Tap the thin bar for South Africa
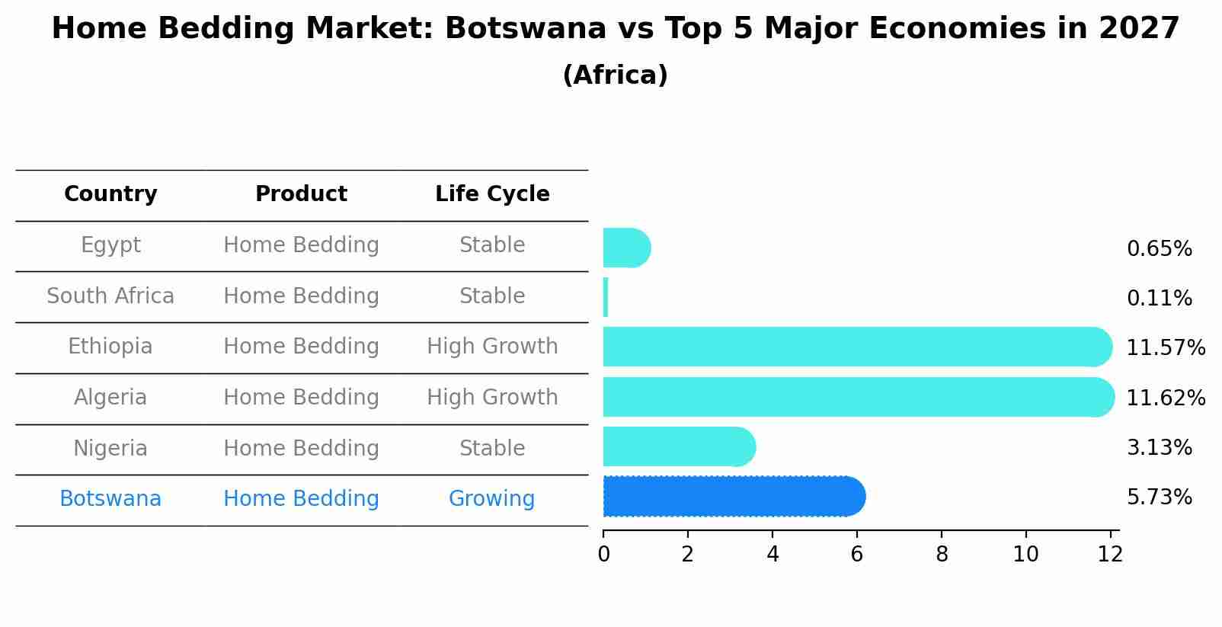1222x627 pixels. click(606, 297)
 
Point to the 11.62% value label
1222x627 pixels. click(1165, 398)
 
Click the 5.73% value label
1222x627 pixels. click(1159, 497)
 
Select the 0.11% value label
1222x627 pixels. click(1159, 298)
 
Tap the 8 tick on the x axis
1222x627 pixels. click(942, 555)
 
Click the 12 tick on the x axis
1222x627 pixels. click(1110, 555)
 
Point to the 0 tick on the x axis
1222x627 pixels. click(603, 555)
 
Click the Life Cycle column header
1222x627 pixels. click(492, 194)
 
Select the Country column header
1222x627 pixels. click(110, 194)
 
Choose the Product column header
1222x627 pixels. click(301, 194)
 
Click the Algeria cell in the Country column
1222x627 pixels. click(110, 398)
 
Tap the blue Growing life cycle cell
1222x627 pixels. click(491, 499)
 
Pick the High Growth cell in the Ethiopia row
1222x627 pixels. click(492, 347)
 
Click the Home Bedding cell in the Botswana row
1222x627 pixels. click(301, 499)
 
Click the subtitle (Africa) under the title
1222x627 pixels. click(615, 75)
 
